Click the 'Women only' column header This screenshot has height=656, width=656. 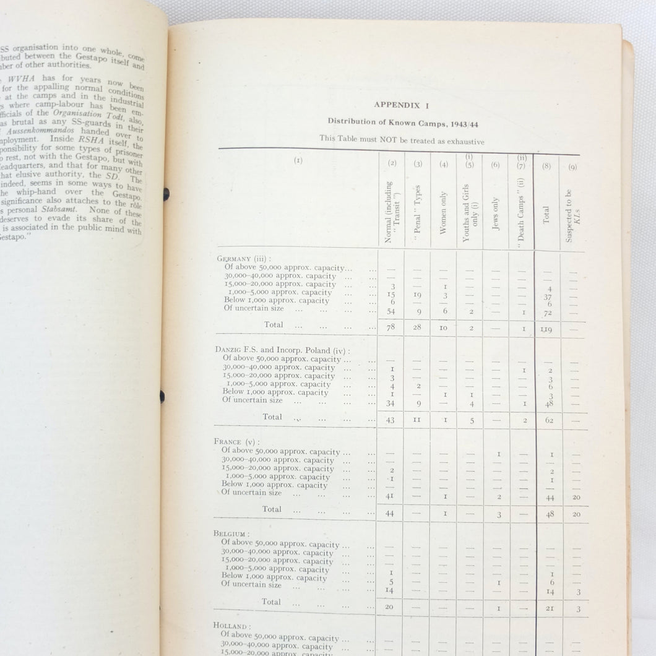click(x=443, y=216)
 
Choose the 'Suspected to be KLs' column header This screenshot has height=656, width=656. click(x=569, y=216)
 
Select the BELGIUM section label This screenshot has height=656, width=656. click(x=232, y=533)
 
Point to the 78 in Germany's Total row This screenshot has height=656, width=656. click(x=391, y=327)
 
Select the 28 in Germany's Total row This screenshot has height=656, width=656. click(x=418, y=327)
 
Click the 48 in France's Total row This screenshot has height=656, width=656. click(x=550, y=514)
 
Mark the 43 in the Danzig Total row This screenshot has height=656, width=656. click(x=391, y=420)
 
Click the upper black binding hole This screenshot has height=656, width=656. click(x=166, y=194)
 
